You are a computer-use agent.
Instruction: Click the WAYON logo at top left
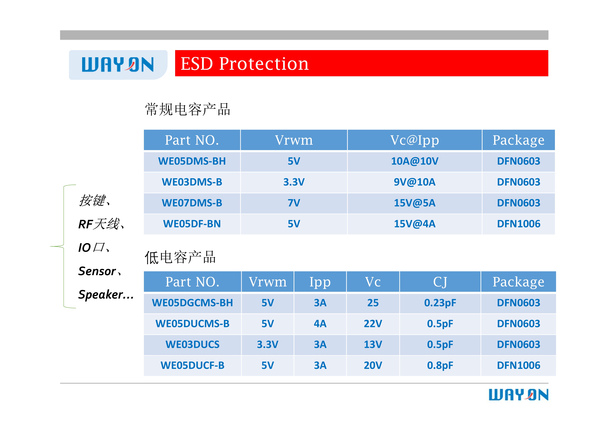tap(118, 65)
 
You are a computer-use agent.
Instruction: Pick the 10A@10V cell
tap(415, 161)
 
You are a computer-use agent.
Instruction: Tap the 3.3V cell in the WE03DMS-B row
tap(294, 182)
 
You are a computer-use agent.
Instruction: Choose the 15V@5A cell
tap(415, 203)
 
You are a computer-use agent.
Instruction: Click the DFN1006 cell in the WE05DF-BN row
tap(519, 224)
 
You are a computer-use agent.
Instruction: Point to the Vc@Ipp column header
tap(415, 140)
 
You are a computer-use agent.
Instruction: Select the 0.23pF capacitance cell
tap(440, 303)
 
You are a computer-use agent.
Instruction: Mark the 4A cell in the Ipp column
tap(320, 324)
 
